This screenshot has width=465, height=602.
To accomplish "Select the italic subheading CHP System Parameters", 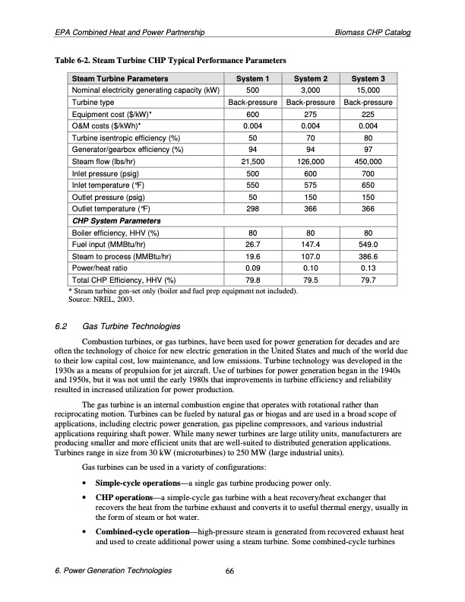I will [115, 221].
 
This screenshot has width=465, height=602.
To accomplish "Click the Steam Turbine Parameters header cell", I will [119, 78].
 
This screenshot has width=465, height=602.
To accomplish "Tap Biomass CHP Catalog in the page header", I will [375, 33].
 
